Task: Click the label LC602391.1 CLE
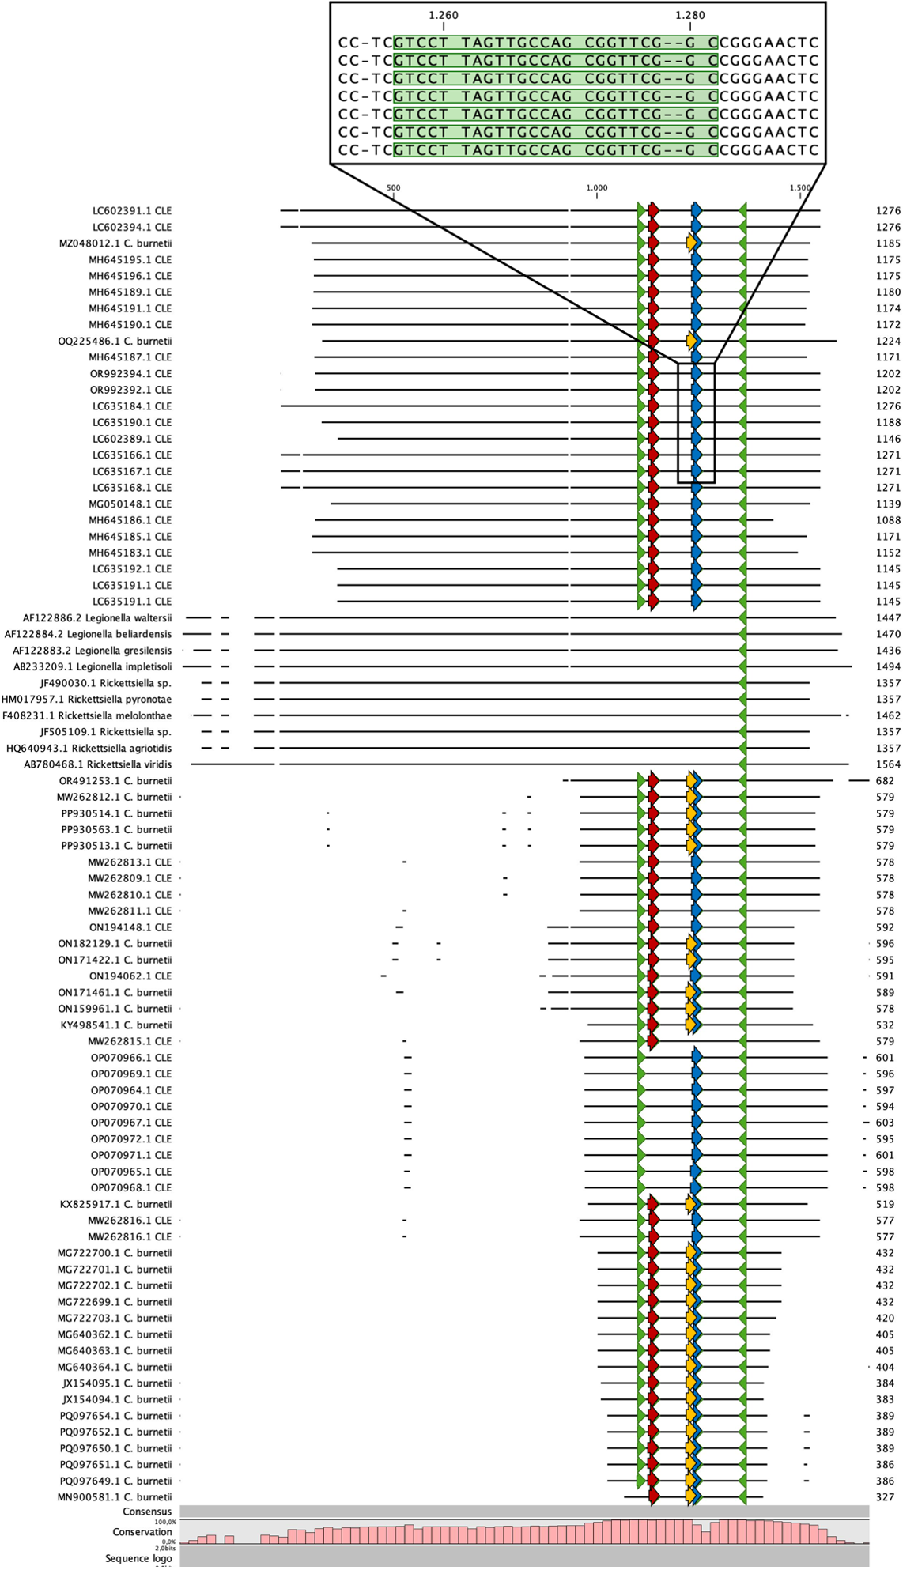[x=131, y=211]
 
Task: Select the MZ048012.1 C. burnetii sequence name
[x=115, y=243]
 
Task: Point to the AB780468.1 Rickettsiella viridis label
[x=97, y=764]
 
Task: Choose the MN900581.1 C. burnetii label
[x=115, y=1497]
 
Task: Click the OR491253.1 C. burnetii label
[x=115, y=781]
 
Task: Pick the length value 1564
[x=888, y=764]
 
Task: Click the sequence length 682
[x=885, y=781]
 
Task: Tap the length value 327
[x=885, y=1497]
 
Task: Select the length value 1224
[x=888, y=342]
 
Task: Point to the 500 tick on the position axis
[x=393, y=188]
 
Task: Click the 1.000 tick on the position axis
[x=597, y=188]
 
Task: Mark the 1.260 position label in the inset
[x=444, y=15]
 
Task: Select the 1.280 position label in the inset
[x=690, y=15]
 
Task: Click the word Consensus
[x=147, y=1512]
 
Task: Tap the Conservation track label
[x=142, y=1532]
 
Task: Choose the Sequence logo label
[x=138, y=1559]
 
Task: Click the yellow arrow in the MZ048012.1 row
[x=692, y=243]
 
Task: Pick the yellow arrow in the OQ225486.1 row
[x=692, y=342]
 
